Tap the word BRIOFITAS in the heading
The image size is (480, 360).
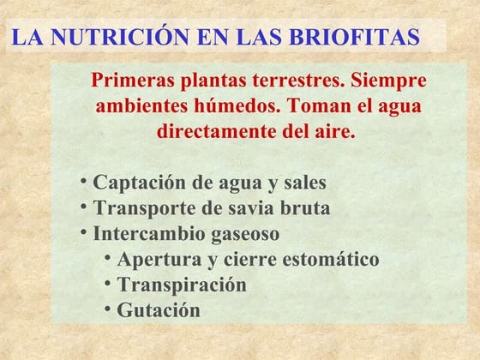point(354,37)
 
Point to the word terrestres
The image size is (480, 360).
point(297,81)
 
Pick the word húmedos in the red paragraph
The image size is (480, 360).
point(237,106)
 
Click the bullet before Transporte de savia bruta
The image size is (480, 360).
point(84,207)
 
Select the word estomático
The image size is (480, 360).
point(331,259)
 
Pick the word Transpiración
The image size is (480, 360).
point(182,285)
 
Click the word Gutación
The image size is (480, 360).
point(159,310)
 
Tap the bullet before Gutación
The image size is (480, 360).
point(107,309)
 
